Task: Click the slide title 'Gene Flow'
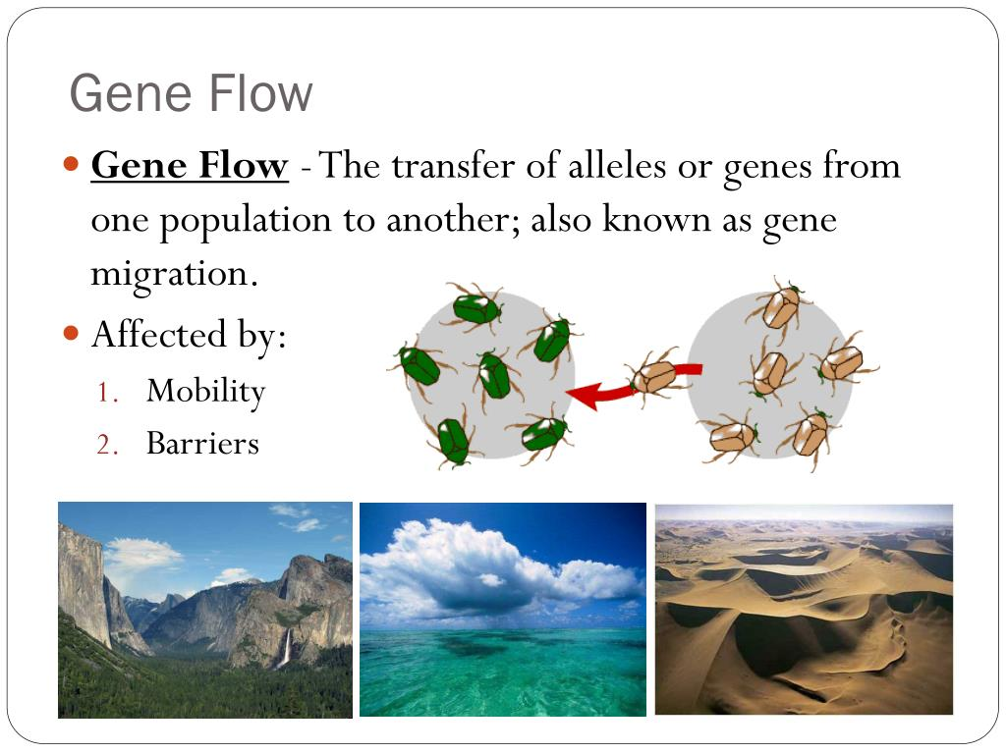tap(191, 93)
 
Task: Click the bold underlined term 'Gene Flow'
tap(190, 165)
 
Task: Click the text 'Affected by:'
tap(189, 336)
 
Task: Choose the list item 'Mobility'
tap(206, 392)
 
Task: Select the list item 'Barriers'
tap(202, 443)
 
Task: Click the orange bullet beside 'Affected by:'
tap(71, 334)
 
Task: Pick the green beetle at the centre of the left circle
tap(493, 376)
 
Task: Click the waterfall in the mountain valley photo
tap(286, 648)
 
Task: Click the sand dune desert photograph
tap(804, 609)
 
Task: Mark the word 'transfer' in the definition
tap(453, 165)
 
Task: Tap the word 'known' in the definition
tap(656, 219)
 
